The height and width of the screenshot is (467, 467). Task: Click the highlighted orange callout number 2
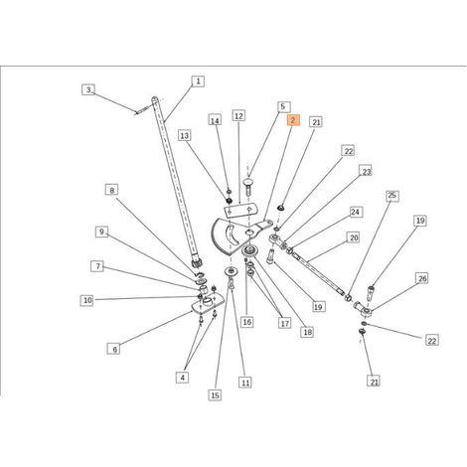[293, 120]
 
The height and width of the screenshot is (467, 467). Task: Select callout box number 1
[198, 81]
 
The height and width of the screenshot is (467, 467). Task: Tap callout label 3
[88, 89]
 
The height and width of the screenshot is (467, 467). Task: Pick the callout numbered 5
[283, 106]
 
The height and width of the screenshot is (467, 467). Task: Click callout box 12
[238, 116]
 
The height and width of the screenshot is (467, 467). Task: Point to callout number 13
[185, 135]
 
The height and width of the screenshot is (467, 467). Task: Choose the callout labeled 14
[215, 120]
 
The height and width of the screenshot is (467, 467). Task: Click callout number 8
[112, 190]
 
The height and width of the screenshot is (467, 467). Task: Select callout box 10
[86, 300]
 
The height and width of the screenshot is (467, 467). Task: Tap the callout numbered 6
[114, 349]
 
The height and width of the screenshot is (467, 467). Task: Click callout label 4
[183, 378]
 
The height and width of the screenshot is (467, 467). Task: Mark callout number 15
[215, 394]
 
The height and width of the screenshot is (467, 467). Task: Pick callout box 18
[307, 332]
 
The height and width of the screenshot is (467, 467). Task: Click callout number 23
[366, 172]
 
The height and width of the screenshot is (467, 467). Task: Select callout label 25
[392, 196]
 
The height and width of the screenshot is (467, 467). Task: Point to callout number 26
[422, 278]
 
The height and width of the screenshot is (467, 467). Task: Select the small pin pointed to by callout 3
[142, 111]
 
